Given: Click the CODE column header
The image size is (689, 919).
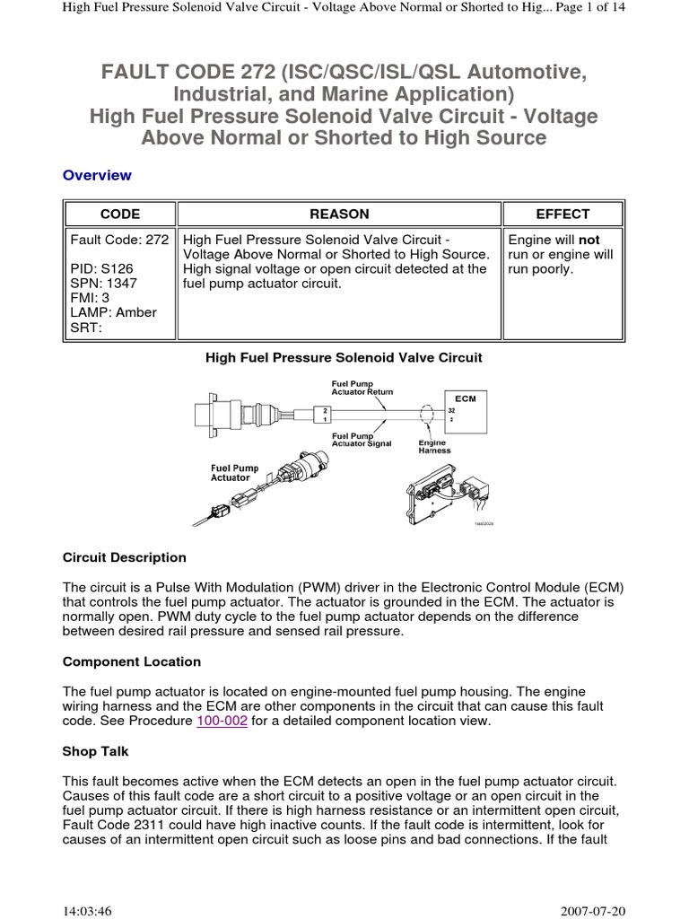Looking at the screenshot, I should pos(119,214).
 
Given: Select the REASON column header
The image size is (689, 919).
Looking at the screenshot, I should pos(339,214).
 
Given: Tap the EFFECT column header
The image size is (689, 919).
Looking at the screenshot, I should pos(563,214).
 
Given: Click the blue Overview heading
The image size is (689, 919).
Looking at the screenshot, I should pos(97,175).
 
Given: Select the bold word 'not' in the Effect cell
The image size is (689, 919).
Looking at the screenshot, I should pos(589,241).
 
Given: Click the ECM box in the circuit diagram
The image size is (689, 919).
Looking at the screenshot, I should pos(466,410).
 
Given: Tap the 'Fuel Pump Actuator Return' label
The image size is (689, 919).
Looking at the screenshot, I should pos(362,388).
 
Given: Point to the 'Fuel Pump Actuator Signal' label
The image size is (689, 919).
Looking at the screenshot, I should pos(362,440).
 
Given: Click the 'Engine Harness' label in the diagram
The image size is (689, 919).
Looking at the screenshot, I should pos(435,446).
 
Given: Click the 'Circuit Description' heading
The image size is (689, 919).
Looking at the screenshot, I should pos(125,557).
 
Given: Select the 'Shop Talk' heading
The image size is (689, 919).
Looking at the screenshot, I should pos(97,752).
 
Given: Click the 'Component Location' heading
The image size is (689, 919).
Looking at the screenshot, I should pos(132,661).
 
